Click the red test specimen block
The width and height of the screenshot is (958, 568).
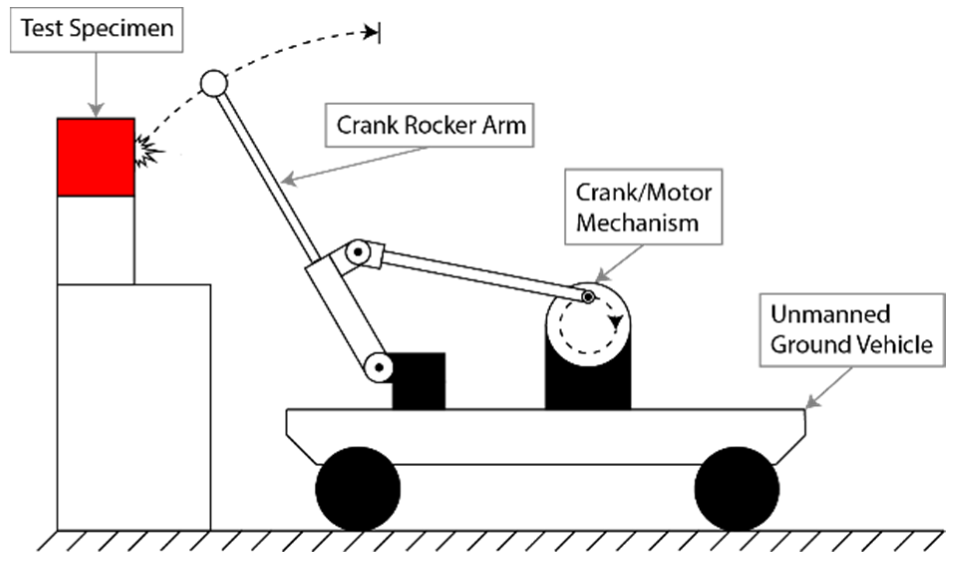95,157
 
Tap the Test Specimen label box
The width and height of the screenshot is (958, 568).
97,29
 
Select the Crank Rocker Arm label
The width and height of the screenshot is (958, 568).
430,125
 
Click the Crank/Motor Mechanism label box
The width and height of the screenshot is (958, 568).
643,207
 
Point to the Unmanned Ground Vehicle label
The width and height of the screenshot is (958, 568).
851,330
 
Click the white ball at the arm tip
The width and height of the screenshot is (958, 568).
214,83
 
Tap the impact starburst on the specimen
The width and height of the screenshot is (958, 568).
148,151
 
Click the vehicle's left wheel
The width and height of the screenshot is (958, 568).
357,489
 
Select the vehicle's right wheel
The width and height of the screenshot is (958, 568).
736,489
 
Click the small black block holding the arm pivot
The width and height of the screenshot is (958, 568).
419,381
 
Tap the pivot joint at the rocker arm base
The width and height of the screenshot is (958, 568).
379,368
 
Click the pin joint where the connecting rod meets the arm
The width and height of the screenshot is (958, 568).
357,253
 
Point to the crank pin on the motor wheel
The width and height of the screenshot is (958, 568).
588,298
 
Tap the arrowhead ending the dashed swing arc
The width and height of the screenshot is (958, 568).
371,33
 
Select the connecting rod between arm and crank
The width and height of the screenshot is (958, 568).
479,274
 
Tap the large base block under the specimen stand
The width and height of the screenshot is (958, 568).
134,406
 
